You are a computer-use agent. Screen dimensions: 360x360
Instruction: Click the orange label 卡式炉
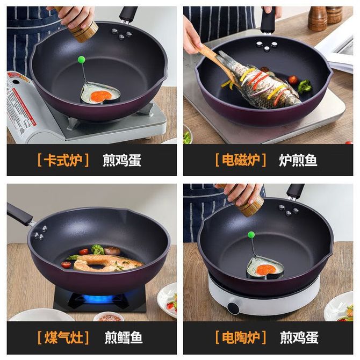[x=63, y=160]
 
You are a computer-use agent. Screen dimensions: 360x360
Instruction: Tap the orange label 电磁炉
[x=241, y=160]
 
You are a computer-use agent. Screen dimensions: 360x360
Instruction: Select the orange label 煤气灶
[x=63, y=337]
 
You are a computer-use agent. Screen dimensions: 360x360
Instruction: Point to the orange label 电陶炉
[x=241, y=337]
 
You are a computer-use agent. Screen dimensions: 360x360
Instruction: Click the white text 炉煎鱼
[x=298, y=160]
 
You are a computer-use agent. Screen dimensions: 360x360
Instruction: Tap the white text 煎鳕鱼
[x=124, y=337]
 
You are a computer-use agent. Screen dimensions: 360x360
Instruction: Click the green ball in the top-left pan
[x=82, y=60]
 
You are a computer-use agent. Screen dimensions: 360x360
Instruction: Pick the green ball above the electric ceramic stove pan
[x=251, y=235]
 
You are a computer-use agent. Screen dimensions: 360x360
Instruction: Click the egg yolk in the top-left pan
[x=100, y=96]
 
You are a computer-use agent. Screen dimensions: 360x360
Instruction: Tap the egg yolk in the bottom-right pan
[x=267, y=270]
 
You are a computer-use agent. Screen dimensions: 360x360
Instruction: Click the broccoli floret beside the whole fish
[x=305, y=86]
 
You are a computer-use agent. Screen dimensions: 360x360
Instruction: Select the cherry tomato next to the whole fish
[x=293, y=80]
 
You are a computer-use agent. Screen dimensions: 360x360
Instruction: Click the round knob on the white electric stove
[x=234, y=308]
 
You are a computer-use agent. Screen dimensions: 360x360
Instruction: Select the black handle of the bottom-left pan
[x=19, y=214]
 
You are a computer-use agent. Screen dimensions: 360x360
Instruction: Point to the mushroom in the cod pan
[x=112, y=251]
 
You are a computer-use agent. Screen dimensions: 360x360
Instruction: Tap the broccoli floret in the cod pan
[x=97, y=249]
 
